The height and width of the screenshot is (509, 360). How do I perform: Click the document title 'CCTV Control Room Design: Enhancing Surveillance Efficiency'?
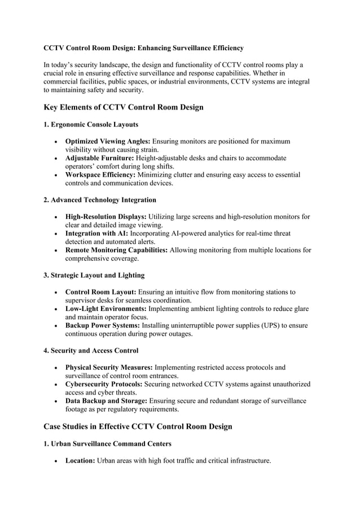(143, 48)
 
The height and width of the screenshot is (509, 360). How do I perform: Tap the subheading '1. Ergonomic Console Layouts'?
(91, 124)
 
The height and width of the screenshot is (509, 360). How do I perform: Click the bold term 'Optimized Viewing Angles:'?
(108, 141)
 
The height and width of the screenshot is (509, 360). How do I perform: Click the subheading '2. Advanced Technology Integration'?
(100, 200)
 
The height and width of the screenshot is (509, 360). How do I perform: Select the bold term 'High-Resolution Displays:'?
(106, 217)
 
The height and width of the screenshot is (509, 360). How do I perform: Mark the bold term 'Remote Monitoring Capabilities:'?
(116, 250)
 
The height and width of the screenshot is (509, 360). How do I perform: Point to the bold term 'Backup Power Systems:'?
(102, 326)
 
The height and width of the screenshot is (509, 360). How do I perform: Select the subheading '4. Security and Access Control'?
(91, 350)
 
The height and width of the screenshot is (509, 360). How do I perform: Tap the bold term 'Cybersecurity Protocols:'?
(104, 384)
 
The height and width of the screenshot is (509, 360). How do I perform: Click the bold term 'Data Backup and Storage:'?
(107, 401)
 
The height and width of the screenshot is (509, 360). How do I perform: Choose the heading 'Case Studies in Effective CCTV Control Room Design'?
(138, 427)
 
